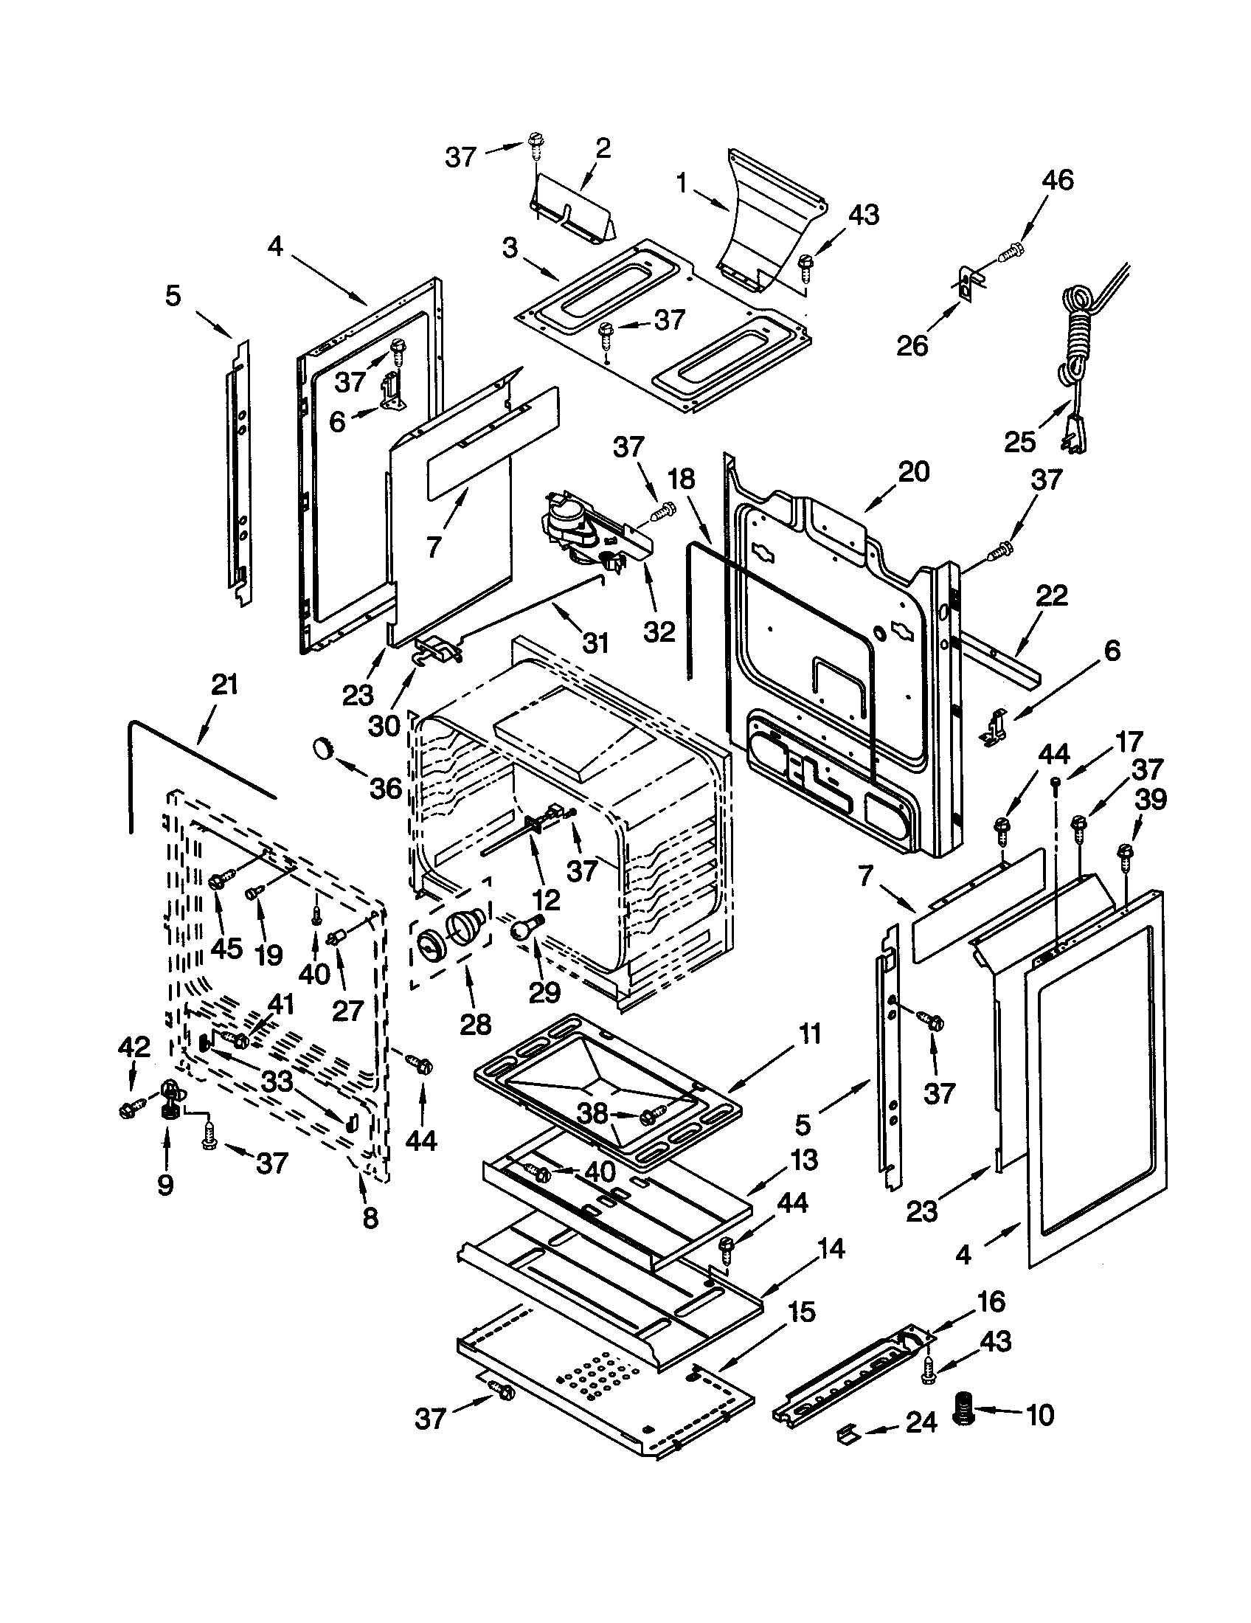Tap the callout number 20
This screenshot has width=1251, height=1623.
click(x=913, y=471)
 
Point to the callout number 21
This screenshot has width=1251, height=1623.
click(x=224, y=685)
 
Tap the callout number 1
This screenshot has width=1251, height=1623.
click(x=682, y=184)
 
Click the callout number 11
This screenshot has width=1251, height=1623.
click(x=809, y=1034)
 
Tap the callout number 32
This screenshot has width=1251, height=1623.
click(x=659, y=631)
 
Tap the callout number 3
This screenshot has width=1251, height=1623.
click(x=510, y=249)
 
